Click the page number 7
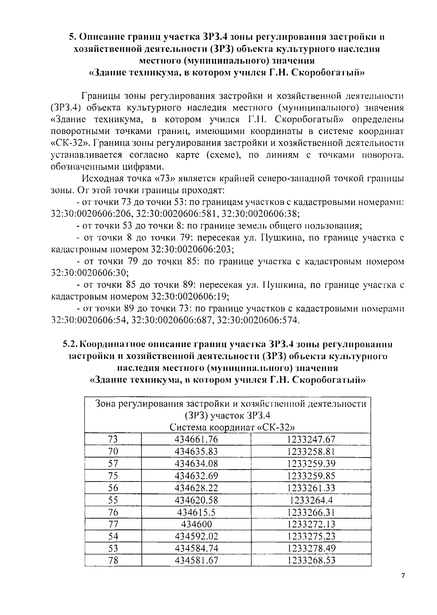tap(403, 576)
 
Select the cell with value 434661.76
tap(196, 439)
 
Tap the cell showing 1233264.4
tap(311, 500)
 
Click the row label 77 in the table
tap(113, 524)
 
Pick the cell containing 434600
tap(196, 524)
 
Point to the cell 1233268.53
tap(311, 560)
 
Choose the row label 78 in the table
tap(113, 560)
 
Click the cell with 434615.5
tap(196, 512)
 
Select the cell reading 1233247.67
tap(311, 439)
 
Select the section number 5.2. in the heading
tap(70, 344)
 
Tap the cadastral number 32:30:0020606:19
tap(190, 296)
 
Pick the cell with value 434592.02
tap(196, 536)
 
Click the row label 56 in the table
tap(113, 488)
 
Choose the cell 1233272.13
tap(311, 524)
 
